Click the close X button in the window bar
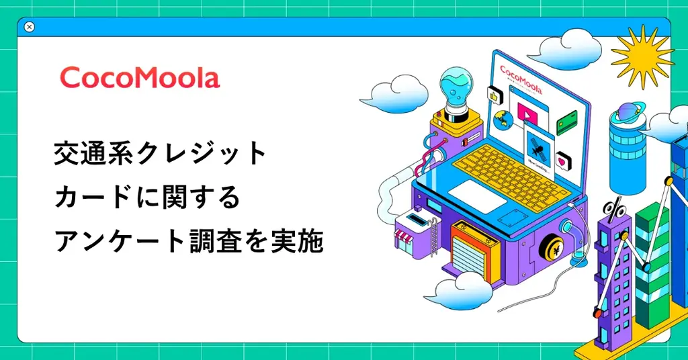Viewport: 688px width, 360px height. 29,27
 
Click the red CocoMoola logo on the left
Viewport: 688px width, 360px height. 140,79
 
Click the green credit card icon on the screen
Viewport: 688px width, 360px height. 567,123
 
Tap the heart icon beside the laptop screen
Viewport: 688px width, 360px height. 562,161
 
